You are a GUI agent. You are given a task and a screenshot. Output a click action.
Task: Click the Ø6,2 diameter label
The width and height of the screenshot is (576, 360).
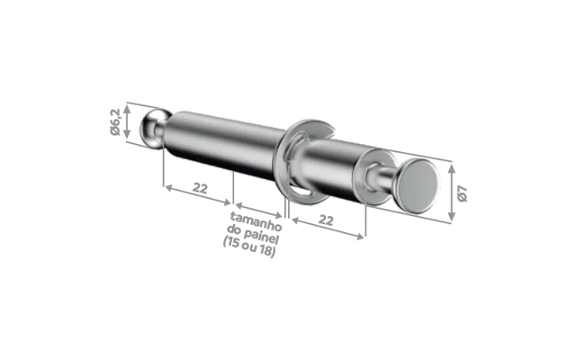click(115, 122)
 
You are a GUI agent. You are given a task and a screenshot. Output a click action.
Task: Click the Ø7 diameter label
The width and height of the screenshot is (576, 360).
click(463, 194)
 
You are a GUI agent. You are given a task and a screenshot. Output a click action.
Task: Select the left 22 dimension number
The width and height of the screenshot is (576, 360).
click(200, 188)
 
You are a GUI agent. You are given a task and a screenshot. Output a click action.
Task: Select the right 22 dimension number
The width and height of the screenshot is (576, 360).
click(326, 220)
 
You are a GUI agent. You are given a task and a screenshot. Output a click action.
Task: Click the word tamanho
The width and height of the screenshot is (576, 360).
click(256, 220)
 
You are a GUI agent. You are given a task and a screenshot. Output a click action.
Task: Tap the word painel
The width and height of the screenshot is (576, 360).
click(261, 236)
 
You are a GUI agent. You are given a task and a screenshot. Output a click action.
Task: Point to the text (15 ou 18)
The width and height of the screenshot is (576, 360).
click(249, 247)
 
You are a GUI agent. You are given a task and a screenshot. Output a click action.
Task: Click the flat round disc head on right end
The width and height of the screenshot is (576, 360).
click(418, 186)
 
